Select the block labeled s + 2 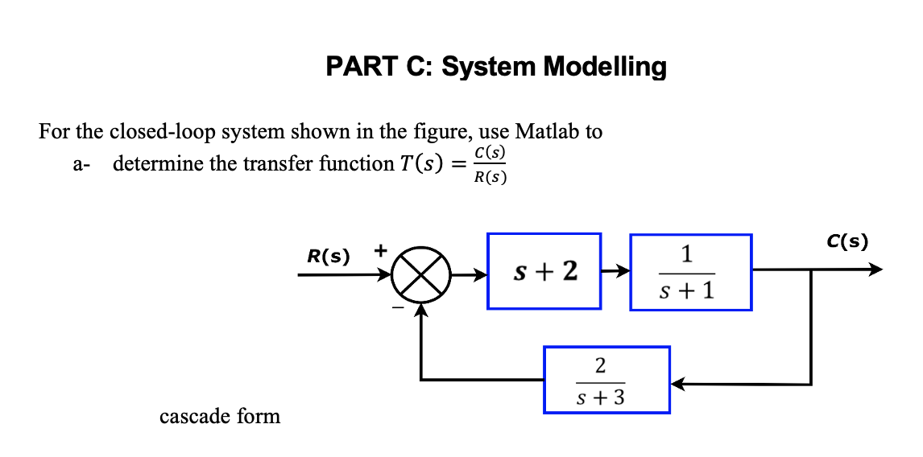[x=544, y=271]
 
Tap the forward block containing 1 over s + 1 [x=690, y=272]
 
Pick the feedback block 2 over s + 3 [x=606, y=380]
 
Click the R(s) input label [x=329, y=257]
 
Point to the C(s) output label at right [x=847, y=241]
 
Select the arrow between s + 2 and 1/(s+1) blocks [x=615, y=272]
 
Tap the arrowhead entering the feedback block [x=679, y=385]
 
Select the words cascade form [x=220, y=417]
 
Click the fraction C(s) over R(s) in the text [x=490, y=164]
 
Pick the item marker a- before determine [x=81, y=164]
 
